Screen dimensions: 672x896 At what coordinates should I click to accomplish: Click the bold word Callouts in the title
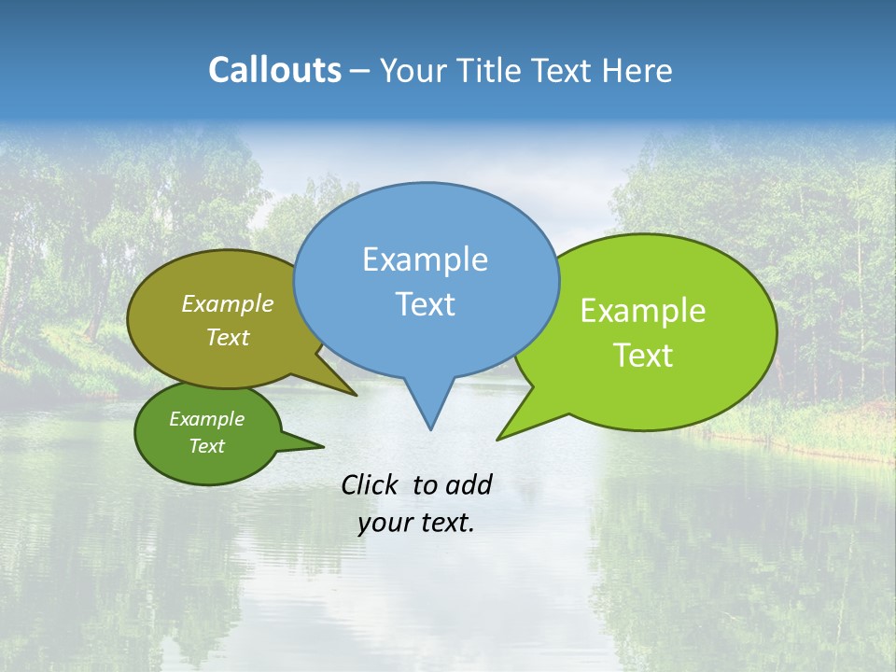pyautogui.click(x=274, y=70)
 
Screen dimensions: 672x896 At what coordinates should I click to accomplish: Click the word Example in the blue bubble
pyautogui.click(x=425, y=259)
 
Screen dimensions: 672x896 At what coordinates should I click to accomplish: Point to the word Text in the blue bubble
pyautogui.click(x=426, y=304)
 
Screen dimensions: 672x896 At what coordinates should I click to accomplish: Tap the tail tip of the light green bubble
pyautogui.click(x=501, y=437)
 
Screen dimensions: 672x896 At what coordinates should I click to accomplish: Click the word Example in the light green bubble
pyautogui.click(x=643, y=311)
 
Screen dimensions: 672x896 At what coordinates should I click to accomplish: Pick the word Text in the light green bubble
pyautogui.click(x=643, y=356)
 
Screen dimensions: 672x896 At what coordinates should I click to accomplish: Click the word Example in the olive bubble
pyautogui.click(x=228, y=304)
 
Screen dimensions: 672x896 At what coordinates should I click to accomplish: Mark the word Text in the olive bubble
pyautogui.click(x=228, y=338)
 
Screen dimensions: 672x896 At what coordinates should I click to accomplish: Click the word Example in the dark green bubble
pyautogui.click(x=206, y=419)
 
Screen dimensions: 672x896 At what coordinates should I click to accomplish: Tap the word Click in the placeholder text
pyautogui.click(x=371, y=484)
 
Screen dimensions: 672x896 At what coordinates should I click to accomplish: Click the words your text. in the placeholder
pyautogui.click(x=416, y=524)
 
